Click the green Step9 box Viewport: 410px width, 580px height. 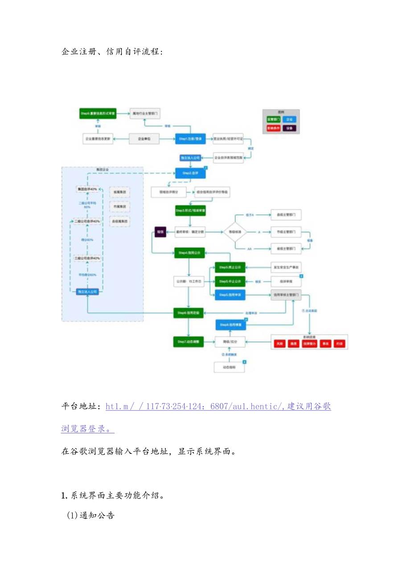click(x=98, y=114)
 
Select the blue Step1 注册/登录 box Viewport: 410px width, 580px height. click(x=190, y=139)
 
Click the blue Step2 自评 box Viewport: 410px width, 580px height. click(x=190, y=173)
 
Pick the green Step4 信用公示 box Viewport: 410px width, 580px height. click(x=189, y=253)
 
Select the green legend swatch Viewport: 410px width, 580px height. click(x=273, y=119)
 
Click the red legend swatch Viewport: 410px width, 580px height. click(x=273, y=128)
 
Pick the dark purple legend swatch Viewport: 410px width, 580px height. click(x=289, y=128)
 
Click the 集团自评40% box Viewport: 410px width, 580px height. click(x=87, y=189)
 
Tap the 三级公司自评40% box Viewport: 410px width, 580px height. click(x=87, y=258)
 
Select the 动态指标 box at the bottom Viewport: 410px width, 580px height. click(x=229, y=367)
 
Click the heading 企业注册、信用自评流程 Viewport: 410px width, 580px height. click(x=112, y=52)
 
